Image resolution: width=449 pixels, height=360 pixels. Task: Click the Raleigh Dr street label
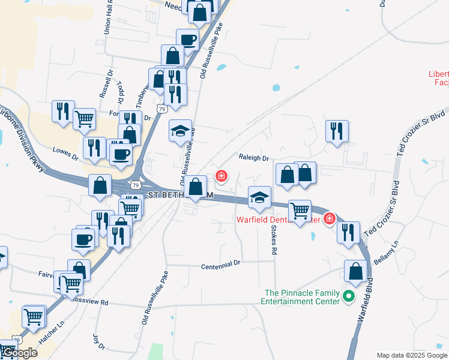[x=253, y=158]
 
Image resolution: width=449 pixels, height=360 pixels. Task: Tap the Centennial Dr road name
[x=220, y=263]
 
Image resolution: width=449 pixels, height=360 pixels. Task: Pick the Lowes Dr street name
[x=65, y=152]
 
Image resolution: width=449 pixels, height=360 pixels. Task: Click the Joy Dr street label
[x=99, y=342]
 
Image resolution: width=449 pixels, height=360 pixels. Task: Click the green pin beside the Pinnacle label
[x=347, y=296]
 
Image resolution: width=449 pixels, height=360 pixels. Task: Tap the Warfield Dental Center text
[x=277, y=220]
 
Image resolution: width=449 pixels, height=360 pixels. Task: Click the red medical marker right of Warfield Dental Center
[x=329, y=220]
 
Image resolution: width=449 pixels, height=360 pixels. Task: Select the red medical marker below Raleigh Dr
[x=221, y=176]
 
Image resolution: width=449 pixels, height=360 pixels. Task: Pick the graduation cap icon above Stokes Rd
[x=259, y=197]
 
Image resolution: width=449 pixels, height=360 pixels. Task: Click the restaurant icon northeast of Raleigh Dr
[x=337, y=130]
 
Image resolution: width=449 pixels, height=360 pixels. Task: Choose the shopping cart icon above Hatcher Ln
[x=34, y=316]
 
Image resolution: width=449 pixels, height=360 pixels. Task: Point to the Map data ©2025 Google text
[x=412, y=355]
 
